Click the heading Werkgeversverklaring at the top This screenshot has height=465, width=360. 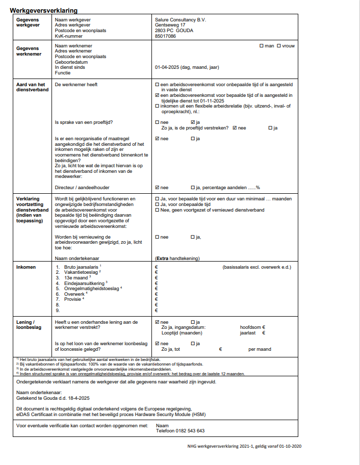point(43,10)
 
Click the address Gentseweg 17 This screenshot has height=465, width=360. point(170,25)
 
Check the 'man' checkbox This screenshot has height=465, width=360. point(261,46)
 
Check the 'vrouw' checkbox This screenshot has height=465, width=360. point(278,46)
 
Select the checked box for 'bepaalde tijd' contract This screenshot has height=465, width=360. point(157,95)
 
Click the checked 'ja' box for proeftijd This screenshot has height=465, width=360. point(193,122)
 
